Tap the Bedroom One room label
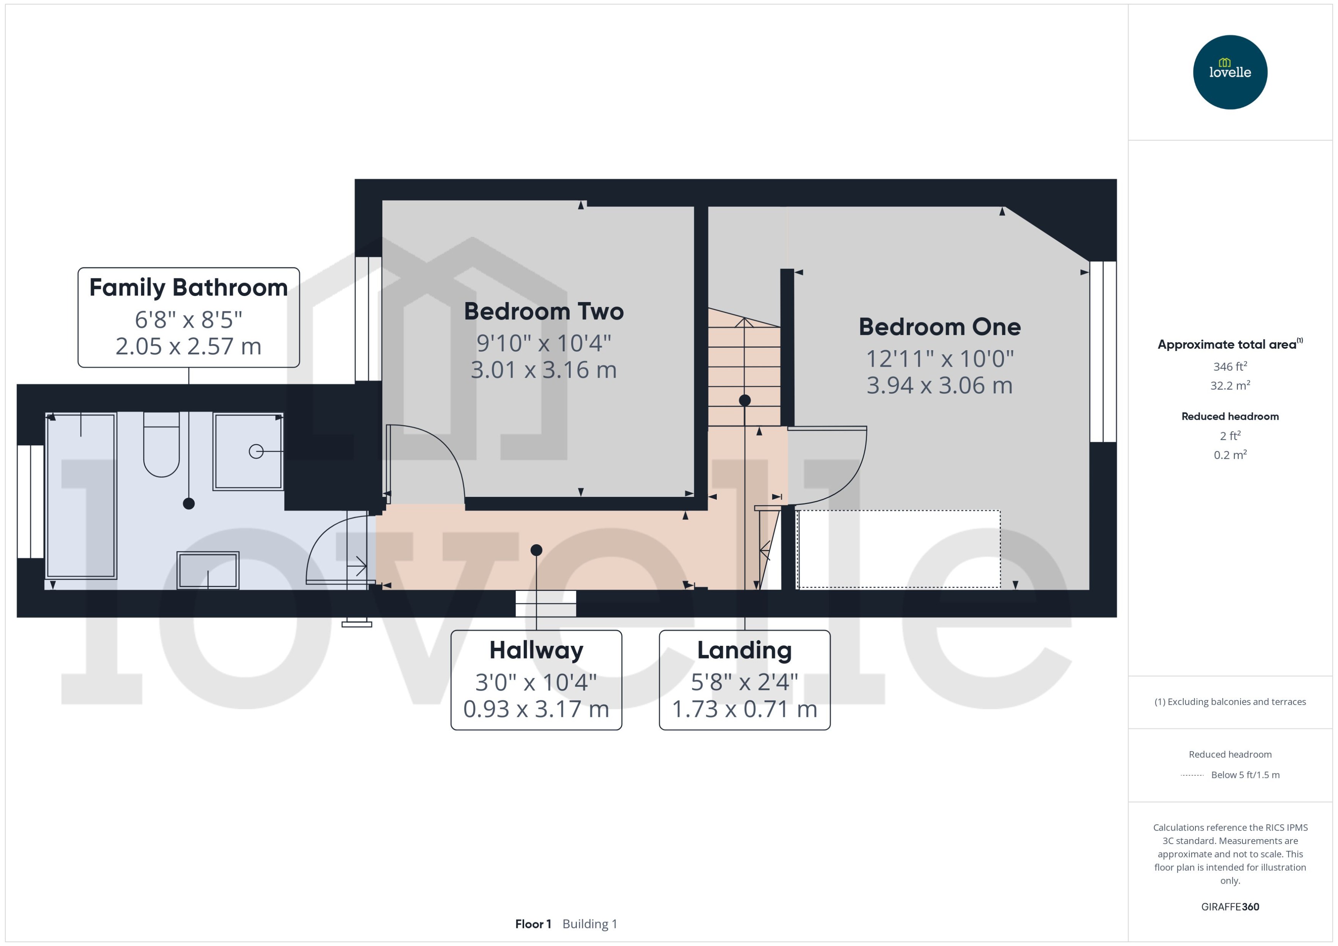939,327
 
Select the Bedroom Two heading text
543,312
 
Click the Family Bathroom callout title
188,288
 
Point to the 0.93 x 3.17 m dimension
536,709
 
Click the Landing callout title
744,650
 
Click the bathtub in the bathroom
81,496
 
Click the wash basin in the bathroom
208,570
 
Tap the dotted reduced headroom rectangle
898,549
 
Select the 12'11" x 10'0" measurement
939,359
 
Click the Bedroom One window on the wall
1103,351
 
